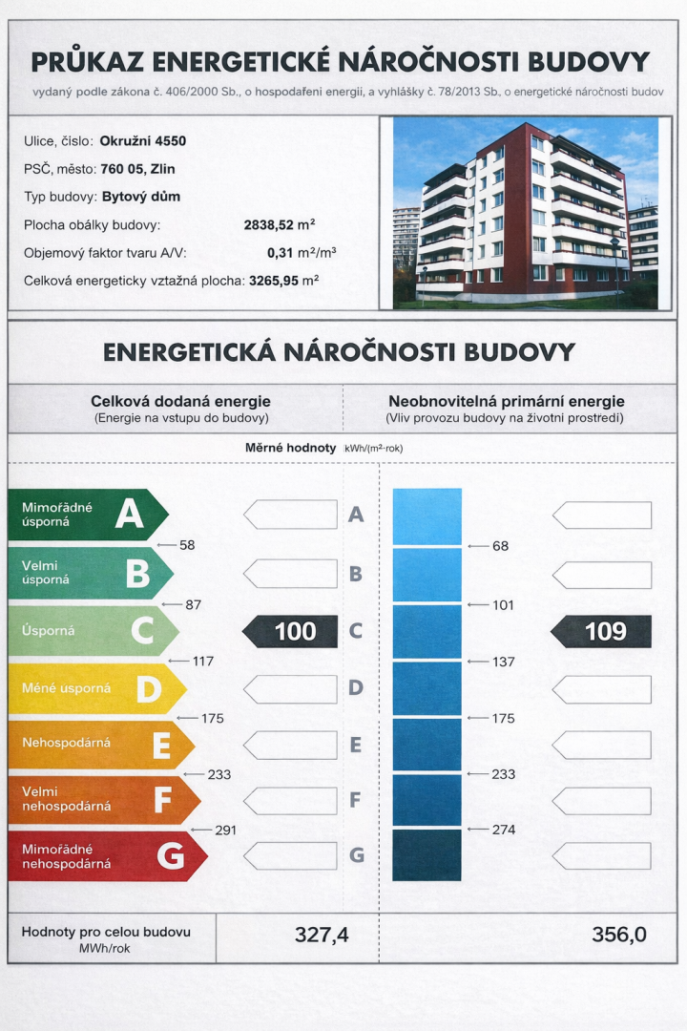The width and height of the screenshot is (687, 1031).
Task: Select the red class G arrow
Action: (x=105, y=856)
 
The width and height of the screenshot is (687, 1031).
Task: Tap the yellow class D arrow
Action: (x=95, y=688)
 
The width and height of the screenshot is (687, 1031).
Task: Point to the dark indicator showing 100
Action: (x=291, y=631)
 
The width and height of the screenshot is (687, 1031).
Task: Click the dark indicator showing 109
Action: (x=602, y=631)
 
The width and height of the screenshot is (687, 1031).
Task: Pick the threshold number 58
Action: (x=187, y=545)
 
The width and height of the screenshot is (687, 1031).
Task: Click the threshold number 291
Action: (x=225, y=831)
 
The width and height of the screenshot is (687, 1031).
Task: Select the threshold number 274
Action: (x=504, y=830)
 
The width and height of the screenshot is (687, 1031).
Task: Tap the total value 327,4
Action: (x=322, y=935)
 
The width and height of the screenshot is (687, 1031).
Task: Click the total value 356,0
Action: (x=618, y=935)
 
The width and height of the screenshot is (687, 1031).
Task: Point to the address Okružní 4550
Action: (x=142, y=141)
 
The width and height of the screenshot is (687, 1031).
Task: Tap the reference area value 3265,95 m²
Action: (x=283, y=281)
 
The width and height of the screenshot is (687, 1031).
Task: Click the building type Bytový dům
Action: (x=140, y=198)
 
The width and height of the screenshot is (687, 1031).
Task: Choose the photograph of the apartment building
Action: (x=524, y=212)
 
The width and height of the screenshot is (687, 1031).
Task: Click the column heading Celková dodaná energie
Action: (x=180, y=402)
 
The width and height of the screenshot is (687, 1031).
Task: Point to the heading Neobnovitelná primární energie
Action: (x=506, y=402)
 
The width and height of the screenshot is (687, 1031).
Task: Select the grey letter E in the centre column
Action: (x=356, y=745)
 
